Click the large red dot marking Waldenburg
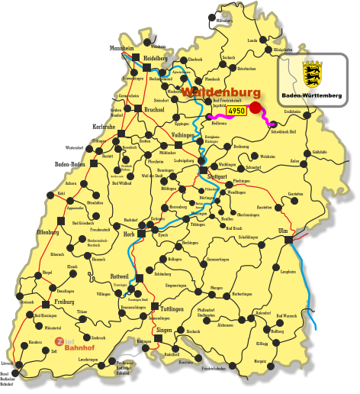[255, 108]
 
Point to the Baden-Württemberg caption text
[311, 95]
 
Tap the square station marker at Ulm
[288, 239]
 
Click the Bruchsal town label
[155, 108]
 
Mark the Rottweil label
[121, 276]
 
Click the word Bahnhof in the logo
[78, 348]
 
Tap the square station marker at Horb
[140, 234]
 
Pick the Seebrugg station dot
[83, 337]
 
